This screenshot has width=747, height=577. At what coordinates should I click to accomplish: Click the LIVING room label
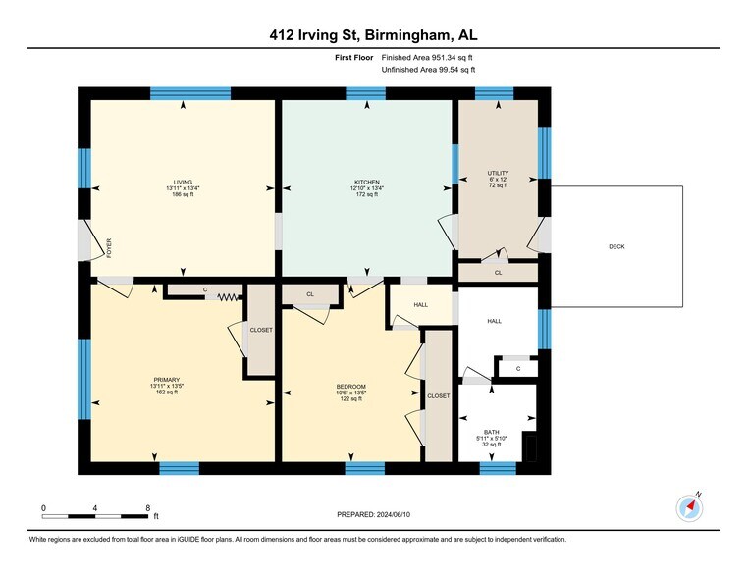point(183,182)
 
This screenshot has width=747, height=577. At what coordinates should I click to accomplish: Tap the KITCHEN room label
point(367,182)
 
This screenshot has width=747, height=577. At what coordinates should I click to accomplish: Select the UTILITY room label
point(498,173)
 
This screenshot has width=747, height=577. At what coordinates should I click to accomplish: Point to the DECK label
point(616,246)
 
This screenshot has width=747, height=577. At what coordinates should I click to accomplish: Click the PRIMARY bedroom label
point(167,380)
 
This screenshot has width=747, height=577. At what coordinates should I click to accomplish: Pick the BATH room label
point(492,432)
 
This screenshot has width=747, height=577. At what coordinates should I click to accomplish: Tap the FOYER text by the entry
point(109,248)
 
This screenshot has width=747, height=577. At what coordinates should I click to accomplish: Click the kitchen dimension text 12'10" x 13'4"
point(367,188)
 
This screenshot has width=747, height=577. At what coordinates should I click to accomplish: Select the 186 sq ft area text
point(183,194)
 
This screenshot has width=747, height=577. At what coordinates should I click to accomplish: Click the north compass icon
point(689,508)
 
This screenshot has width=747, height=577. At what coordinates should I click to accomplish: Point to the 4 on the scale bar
point(95,508)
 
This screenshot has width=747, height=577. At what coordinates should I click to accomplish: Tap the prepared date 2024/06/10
point(393,514)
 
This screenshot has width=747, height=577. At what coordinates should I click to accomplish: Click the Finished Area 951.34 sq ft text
point(427,58)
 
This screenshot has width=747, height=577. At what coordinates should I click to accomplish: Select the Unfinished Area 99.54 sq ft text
point(428,70)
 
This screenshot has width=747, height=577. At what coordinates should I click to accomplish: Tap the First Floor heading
point(354,58)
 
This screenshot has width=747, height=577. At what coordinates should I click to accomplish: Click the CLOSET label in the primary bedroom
point(261,330)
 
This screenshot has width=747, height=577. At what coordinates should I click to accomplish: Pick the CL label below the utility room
point(499,273)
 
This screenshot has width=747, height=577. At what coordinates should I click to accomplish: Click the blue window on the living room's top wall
point(190,93)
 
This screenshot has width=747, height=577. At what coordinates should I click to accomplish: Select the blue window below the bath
point(498,468)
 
